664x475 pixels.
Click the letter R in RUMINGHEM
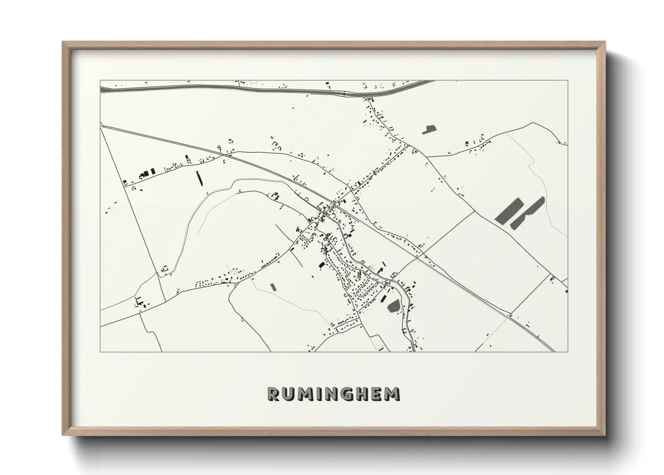coord(274,394)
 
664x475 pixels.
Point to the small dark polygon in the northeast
coord(429,130)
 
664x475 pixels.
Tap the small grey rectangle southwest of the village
coord(272,286)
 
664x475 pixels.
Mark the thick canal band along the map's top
coord(224,89)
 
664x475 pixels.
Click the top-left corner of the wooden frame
coord(63,42)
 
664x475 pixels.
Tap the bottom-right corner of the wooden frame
coord(604,435)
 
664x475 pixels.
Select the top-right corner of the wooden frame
coord(604,42)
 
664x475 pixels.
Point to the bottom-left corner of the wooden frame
coord(63,435)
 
